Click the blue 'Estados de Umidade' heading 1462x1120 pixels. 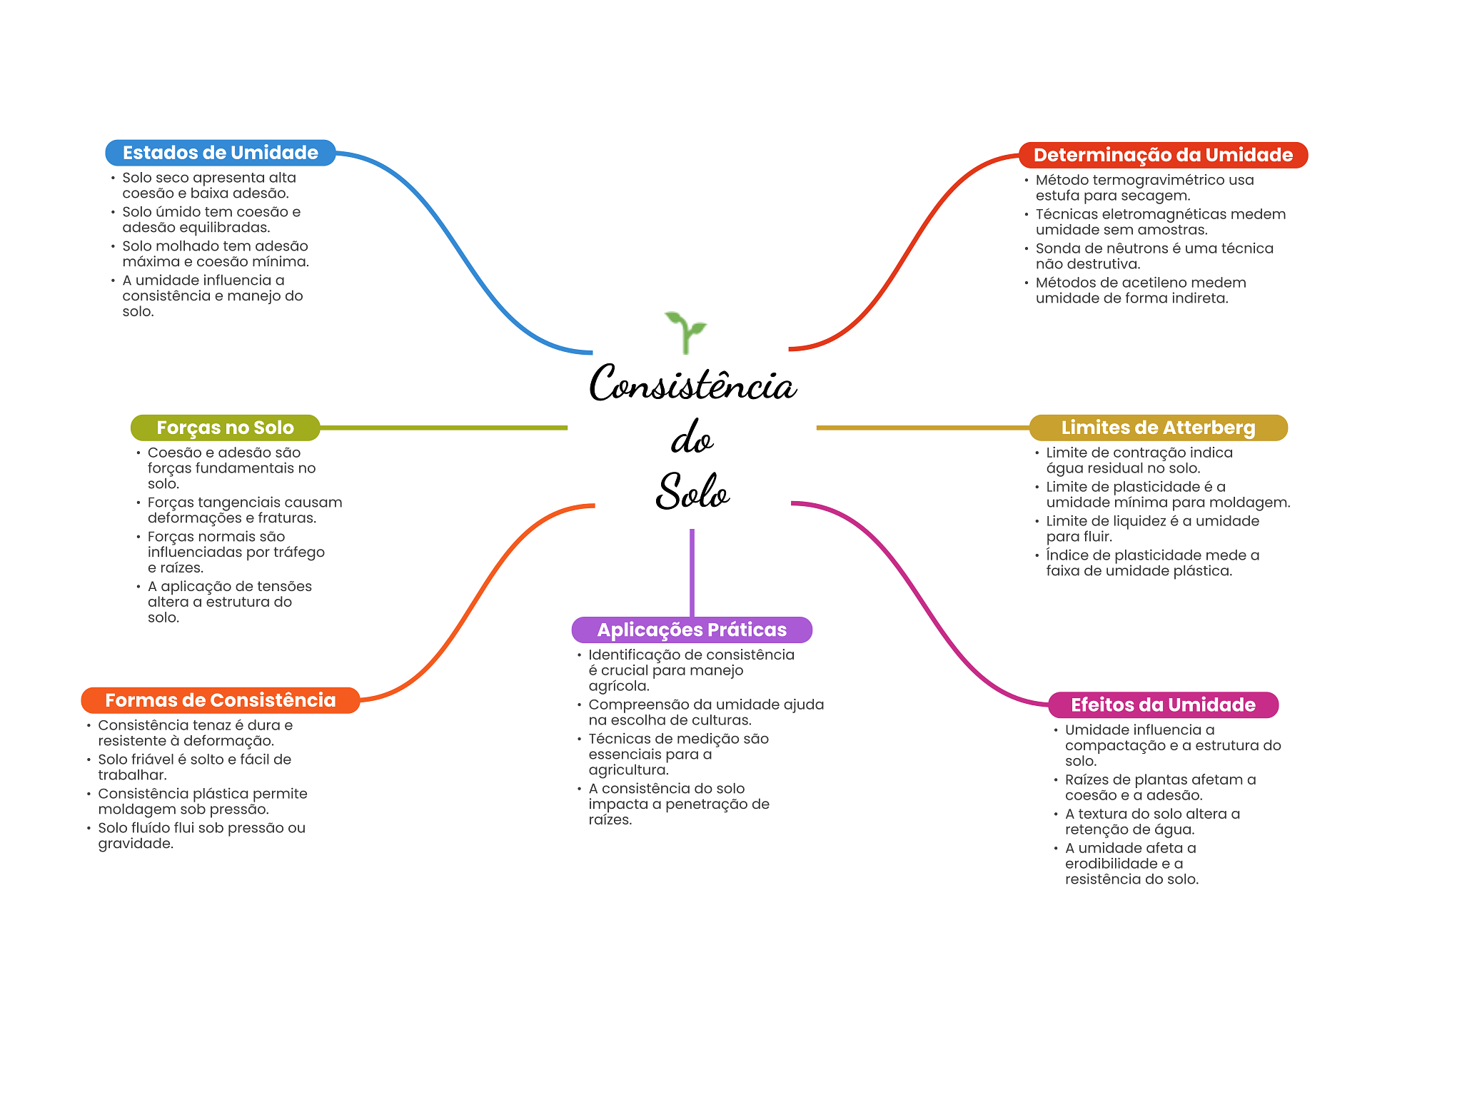[x=221, y=153]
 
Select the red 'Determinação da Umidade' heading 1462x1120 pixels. [x=1163, y=155]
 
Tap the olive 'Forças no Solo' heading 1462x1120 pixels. [x=225, y=428]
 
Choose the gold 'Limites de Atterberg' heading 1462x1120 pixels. [x=1158, y=428]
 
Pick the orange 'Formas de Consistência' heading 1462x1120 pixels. [x=220, y=700]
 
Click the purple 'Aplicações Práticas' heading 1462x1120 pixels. [x=692, y=630]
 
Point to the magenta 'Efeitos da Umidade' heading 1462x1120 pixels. [x=1163, y=705]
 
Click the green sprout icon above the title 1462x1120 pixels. [x=685, y=332]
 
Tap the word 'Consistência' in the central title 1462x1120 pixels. [x=692, y=383]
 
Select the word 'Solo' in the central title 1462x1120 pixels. [x=692, y=491]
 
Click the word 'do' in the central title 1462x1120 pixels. [x=692, y=438]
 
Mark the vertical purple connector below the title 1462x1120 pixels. [x=692, y=572]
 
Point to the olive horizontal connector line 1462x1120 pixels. [x=443, y=428]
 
